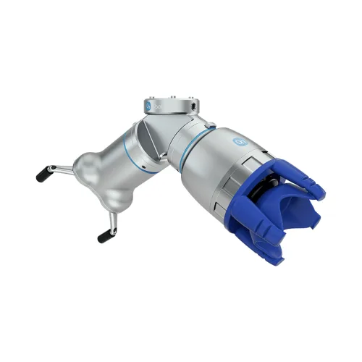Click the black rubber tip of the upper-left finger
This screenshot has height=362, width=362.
point(44,174)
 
